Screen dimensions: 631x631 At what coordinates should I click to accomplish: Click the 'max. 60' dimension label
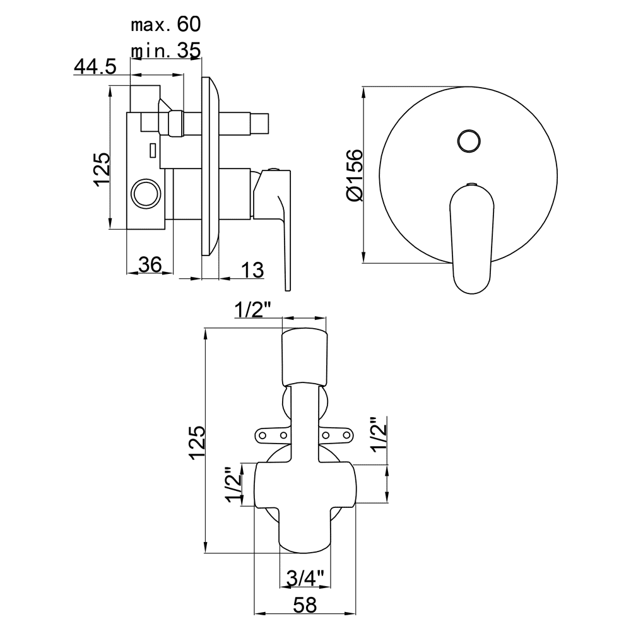166,25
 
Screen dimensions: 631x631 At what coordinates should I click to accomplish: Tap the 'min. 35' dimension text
166,50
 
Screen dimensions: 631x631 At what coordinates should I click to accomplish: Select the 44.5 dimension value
95,66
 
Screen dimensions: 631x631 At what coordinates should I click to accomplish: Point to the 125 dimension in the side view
102,169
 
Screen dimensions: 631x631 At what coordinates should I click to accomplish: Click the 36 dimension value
150,264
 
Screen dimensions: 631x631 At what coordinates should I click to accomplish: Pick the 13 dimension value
253,269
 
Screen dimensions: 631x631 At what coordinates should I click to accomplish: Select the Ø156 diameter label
355,175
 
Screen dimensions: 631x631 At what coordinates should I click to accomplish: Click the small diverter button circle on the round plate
469,141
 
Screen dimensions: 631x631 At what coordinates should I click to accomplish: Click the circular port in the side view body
146,193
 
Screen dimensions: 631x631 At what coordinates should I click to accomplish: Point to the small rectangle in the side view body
153,150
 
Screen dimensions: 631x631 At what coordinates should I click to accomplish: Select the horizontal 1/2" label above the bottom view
253,310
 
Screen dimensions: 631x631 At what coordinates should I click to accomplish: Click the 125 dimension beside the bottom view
198,442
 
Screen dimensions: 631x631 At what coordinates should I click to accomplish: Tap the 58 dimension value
305,605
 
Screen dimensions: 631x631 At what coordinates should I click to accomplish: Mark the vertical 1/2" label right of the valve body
379,434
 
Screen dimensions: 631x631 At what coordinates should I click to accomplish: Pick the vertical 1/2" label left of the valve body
234,485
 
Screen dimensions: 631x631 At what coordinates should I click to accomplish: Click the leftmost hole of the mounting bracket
262,435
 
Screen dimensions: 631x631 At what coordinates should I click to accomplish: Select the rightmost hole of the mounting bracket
347,435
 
